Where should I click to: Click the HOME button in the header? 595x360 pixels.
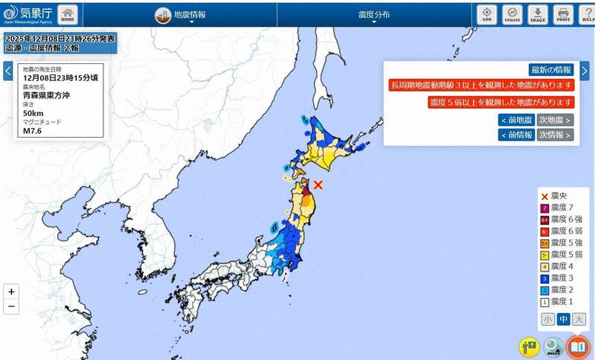67,14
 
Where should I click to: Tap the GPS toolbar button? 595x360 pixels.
486,14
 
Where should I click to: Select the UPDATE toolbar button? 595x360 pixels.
512,14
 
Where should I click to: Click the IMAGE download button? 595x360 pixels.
537,14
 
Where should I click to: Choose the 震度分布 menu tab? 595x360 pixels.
373,14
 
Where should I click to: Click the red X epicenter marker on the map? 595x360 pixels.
318,184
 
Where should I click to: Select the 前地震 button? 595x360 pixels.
516,120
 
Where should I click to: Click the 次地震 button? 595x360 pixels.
555,120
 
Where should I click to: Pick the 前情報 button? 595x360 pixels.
516,135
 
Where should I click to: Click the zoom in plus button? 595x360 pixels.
11,292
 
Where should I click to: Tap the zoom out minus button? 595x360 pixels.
11,306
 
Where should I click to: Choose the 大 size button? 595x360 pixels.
579,319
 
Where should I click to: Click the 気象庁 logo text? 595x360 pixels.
37,12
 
